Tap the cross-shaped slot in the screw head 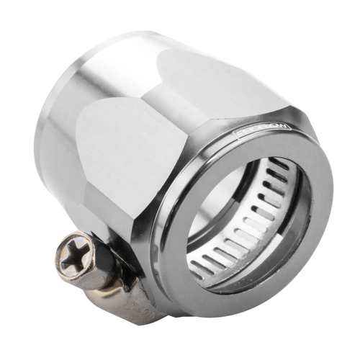coord(75,254)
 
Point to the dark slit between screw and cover coord(101,241)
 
